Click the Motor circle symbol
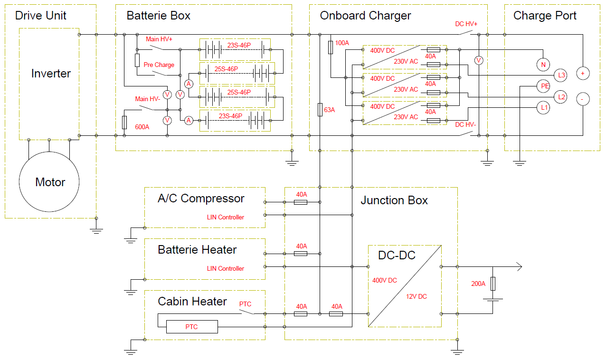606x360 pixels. tap(49, 182)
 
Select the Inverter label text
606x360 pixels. tap(51, 74)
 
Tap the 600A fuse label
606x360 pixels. tap(142, 127)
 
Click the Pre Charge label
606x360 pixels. tap(159, 65)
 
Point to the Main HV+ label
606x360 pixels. tap(159, 39)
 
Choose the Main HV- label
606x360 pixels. tap(147, 99)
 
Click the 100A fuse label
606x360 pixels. tap(342, 43)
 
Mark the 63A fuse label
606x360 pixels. tap(329, 110)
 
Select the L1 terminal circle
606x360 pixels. tap(544, 108)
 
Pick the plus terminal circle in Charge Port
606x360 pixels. tap(583, 74)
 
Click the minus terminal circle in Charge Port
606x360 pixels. tap(583, 99)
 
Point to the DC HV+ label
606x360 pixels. tap(466, 24)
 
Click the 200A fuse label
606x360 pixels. tap(478, 284)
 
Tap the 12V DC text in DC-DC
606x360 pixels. tap(416, 296)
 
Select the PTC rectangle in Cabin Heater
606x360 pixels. tap(191, 327)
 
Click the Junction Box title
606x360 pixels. tap(394, 200)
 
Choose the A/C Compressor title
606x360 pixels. tap(201, 199)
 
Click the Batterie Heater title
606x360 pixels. tap(197, 250)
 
